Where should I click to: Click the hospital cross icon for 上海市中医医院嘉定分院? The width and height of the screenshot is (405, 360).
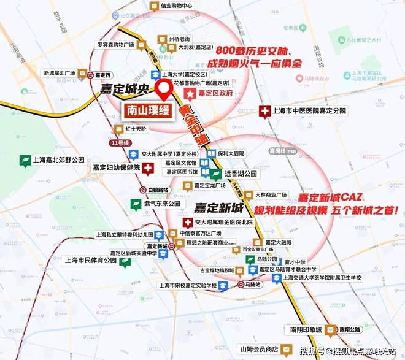[264, 112]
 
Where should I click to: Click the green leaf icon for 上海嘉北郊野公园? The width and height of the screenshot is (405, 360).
[25, 161]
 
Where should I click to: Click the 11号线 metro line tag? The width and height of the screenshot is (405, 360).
[115, 143]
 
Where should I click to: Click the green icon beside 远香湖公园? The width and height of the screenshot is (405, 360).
[215, 174]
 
